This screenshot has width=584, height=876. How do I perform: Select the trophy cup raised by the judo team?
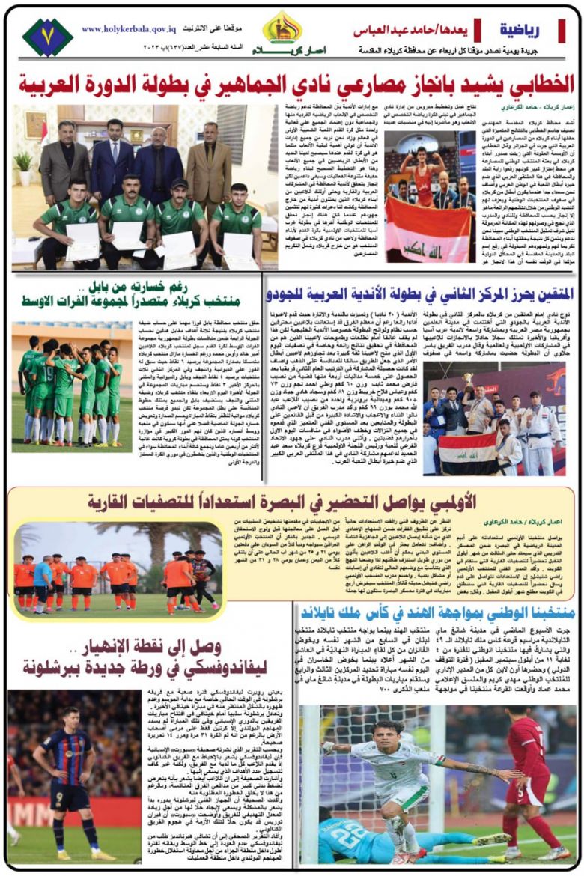[468, 379]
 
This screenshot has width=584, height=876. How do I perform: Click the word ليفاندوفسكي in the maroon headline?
[217, 666]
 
